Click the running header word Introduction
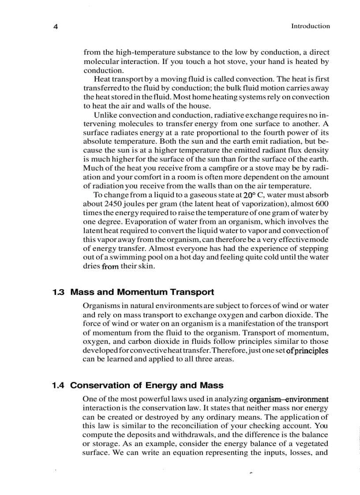(x=310, y=26)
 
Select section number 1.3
(x=58, y=292)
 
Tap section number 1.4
(x=58, y=386)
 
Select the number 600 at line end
(x=322, y=204)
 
